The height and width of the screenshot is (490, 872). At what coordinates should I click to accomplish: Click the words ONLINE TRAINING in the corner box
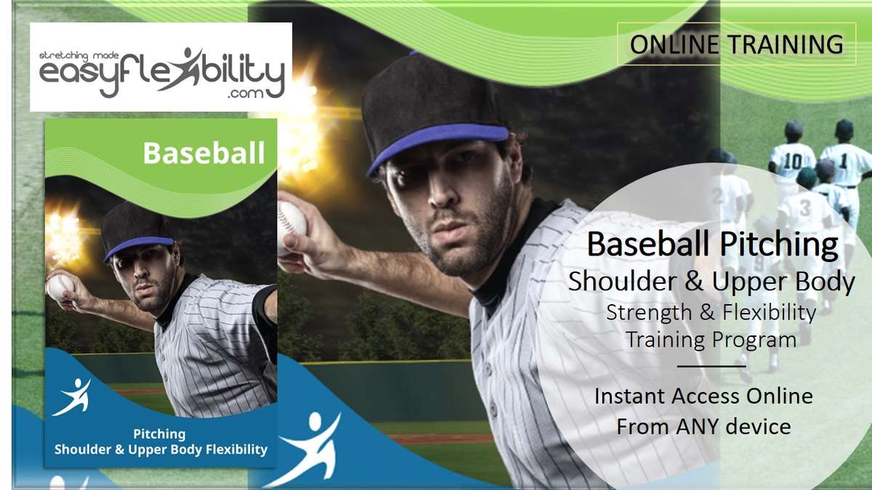(x=737, y=44)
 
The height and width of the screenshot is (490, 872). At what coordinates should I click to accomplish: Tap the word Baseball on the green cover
(x=204, y=153)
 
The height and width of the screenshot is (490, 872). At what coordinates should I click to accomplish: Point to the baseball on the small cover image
(x=60, y=286)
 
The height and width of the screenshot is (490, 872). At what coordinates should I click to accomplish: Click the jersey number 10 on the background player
(x=793, y=161)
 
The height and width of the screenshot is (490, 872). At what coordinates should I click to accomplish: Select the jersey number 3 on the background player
(x=804, y=208)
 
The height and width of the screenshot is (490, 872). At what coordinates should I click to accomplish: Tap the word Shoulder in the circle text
(x=622, y=281)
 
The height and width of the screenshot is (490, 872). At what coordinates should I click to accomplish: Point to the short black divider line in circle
(x=711, y=366)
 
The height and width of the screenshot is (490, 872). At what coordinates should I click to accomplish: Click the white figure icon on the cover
(x=72, y=396)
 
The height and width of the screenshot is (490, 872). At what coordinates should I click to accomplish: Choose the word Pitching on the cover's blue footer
(x=160, y=434)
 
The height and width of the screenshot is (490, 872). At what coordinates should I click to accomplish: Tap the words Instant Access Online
(x=703, y=396)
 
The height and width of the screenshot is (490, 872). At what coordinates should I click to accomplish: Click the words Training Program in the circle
(x=711, y=340)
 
